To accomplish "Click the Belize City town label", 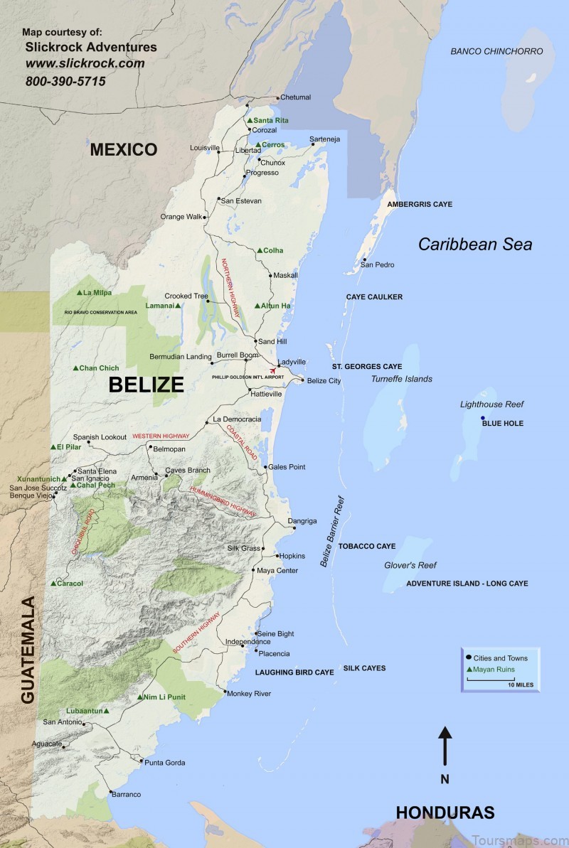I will (x=324, y=381).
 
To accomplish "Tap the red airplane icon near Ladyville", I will (x=272, y=370).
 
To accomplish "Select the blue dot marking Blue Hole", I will (x=483, y=418).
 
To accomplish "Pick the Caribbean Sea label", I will (x=474, y=245).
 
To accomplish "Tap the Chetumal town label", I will (x=296, y=97).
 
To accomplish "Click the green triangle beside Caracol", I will (x=53, y=584).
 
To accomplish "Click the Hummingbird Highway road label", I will (x=222, y=502).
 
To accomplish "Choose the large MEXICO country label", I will (x=123, y=149).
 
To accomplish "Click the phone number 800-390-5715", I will (x=65, y=82).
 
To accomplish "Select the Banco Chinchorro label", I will (x=496, y=51).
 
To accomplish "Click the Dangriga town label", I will (x=302, y=521).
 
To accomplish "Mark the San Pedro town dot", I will (x=365, y=259).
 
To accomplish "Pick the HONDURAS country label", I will (x=445, y=812).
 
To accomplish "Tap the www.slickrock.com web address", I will (x=85, y=64).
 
